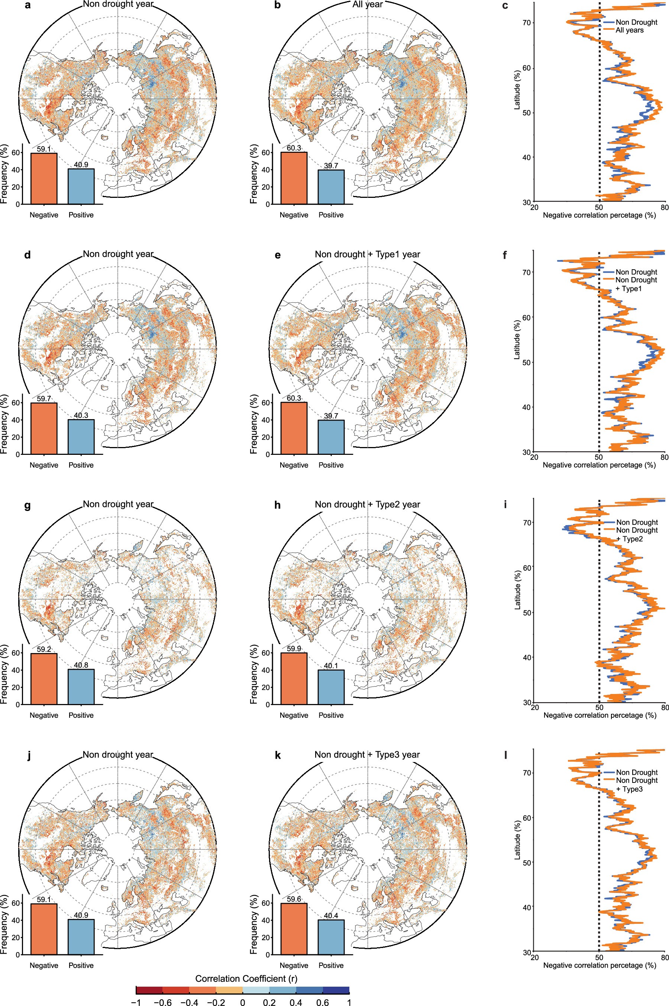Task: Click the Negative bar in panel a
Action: click(43, 179)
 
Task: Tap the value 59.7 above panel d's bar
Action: click(43, 399)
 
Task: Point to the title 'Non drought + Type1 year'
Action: click(367, 254)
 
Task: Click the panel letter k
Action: click(278, 755)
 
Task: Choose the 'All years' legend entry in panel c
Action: click(629, 30)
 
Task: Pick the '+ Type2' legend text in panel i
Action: click(629, 539)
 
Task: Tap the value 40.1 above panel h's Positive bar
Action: click(331, 666)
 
